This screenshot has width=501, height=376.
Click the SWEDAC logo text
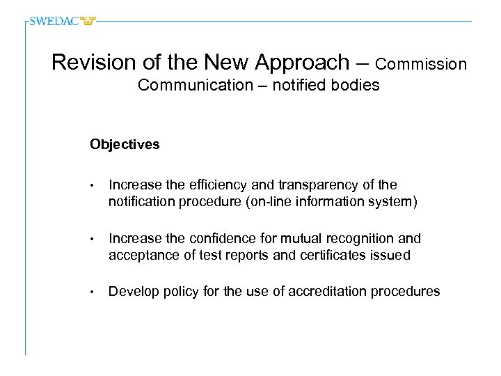coord(55,21)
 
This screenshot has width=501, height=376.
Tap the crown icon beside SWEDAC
coord(88,21)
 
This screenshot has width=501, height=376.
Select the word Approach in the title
coord(303,63)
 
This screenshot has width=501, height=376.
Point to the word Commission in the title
coord(421,64)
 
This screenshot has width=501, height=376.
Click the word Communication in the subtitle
coord(186,86)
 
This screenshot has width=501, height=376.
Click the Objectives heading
coord(125,145)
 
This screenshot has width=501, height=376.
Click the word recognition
coord(357,239)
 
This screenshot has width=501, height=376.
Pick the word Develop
coord(133,292)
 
